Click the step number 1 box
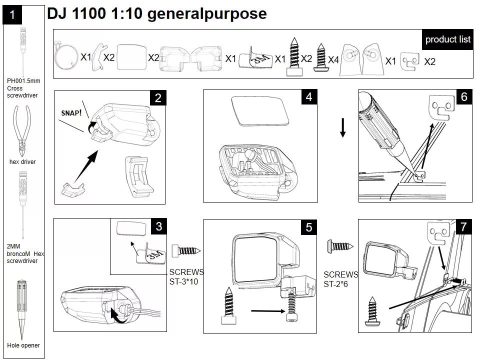click(x=12, y=15)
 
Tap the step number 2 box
click(x=158, y=98)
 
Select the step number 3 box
click(x=158, y=226)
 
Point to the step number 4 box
click(x=309, y=97)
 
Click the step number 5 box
click(x=308, y=227)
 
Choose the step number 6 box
click(x=463, y=97)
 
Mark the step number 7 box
click(x=463, y=227)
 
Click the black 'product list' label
click(x=447, y=39)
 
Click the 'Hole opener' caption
click(x=23, y=345)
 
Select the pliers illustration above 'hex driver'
click(x=22, y=131)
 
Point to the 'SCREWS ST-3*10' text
click(x=186, y=276)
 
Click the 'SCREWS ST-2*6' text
click(x=340, y=279)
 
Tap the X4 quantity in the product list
click(x=333, y=59)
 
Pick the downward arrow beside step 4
click(x=342, y=127)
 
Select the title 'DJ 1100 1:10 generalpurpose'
click(x=156, y=13)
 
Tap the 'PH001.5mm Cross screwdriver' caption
click(x=22, y=87)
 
